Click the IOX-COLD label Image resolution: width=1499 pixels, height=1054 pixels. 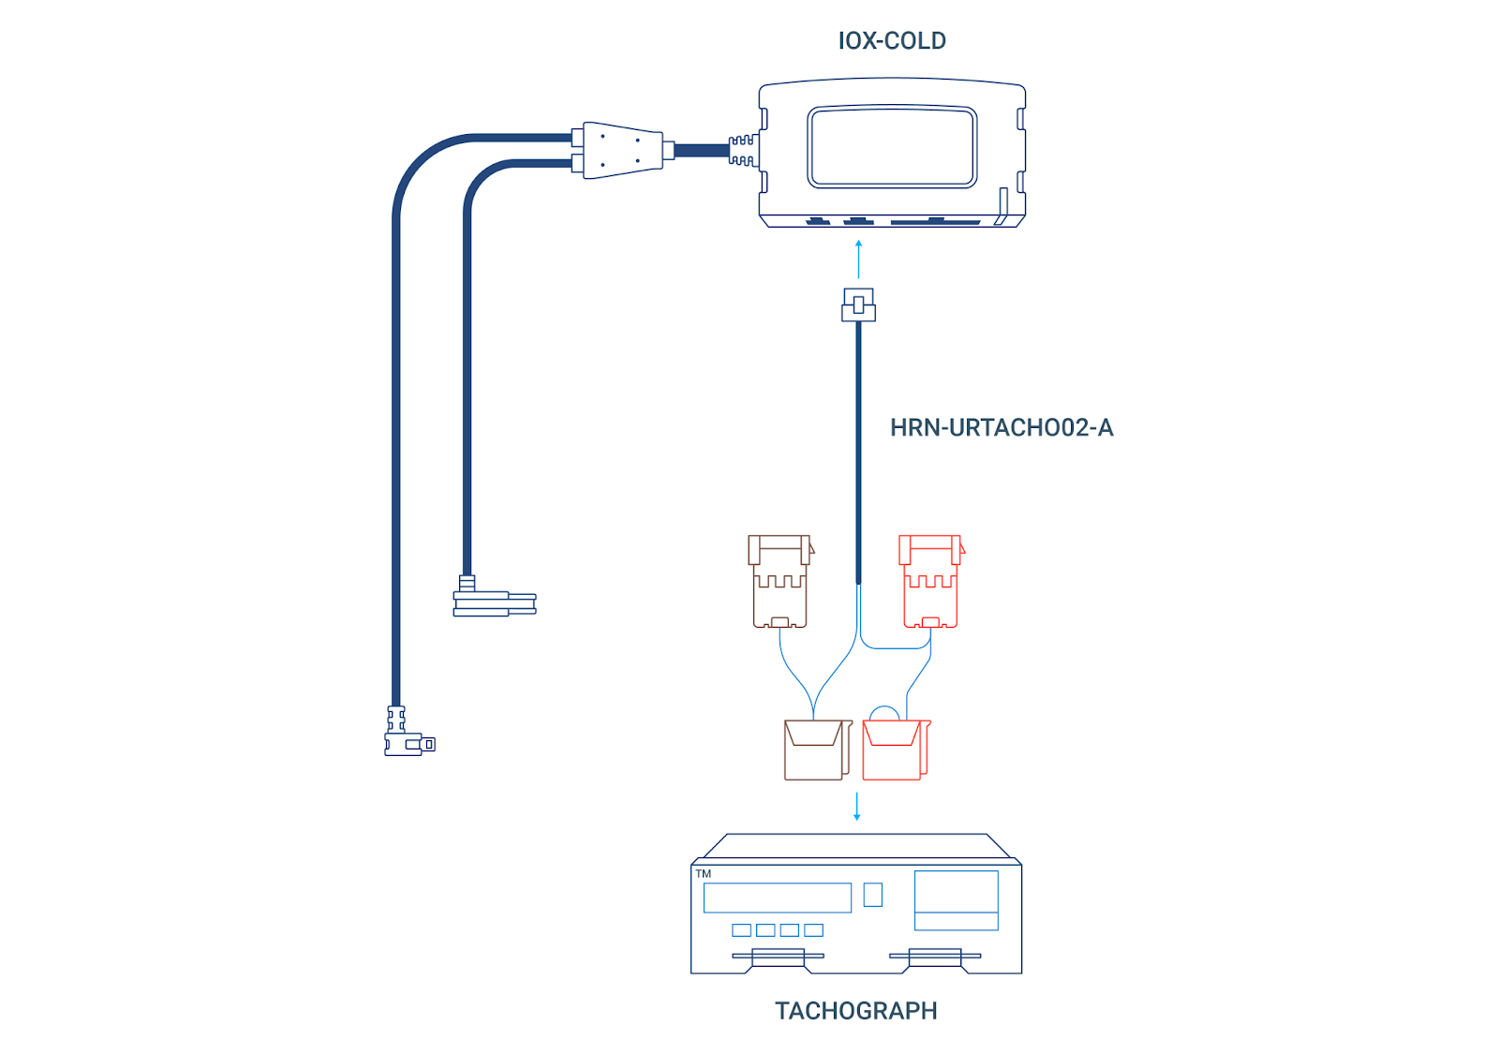(x=891, y=41)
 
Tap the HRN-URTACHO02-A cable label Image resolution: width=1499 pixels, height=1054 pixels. (x=1001, y=428)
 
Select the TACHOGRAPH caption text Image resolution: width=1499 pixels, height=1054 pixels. (x=855, y=1011)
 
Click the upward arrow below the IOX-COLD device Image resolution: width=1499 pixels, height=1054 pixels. (x=858, y=259)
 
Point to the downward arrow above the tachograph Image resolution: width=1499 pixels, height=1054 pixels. (x=856, y=807)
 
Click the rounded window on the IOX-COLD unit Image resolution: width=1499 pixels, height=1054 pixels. (x=892, y=147)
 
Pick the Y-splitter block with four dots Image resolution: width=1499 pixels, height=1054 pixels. (x=622, y=150)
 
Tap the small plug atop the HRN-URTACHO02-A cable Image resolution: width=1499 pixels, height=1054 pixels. (x=858, y=305)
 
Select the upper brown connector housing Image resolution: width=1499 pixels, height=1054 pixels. (x=779, y=581)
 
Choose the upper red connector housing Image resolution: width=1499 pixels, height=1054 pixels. (x=930, y=581)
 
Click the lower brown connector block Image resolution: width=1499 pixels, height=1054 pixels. (x=815, y=750)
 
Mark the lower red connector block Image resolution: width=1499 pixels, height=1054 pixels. (x=895, y=750)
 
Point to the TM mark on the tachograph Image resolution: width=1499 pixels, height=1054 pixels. (x=704, y=874)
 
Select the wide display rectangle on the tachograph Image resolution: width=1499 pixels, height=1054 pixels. (x=777, y=898)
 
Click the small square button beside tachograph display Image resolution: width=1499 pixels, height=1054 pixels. (x=872, y=895)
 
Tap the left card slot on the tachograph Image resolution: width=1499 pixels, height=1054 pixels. (x=778, y=957)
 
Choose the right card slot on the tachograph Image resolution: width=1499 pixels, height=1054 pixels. (x=935, y=957)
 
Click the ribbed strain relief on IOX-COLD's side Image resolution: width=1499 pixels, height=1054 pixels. (x=743, y=150)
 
